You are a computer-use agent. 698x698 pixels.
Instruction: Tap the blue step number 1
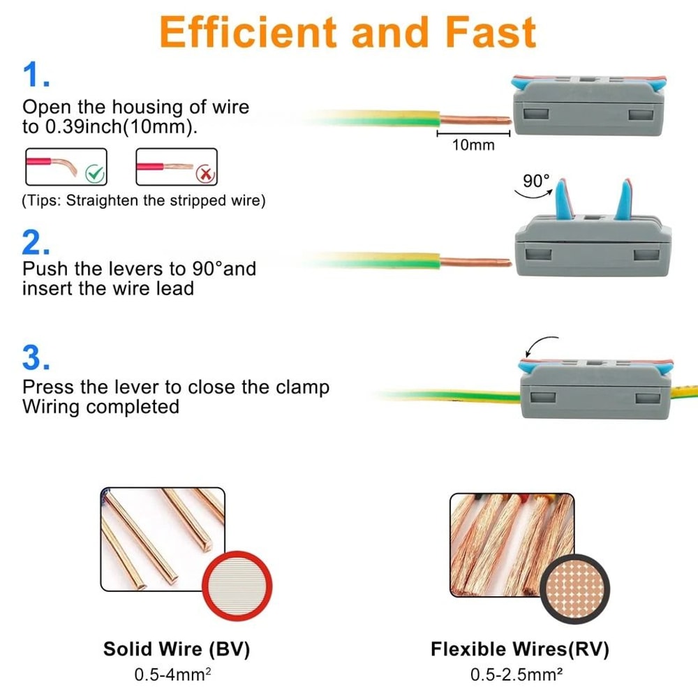[x=36, y=75]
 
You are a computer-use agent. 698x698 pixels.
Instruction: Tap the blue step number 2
[x=36, y=242]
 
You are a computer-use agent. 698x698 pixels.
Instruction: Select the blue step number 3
[x=36, y=357]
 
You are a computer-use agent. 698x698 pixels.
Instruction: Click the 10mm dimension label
[x=473, y=145]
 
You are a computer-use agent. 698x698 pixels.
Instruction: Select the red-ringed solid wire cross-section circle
[x=237, y=585]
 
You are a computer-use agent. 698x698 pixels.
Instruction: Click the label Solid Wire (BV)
[x=177, y=649]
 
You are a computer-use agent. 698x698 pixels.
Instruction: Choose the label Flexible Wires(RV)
[x=519, y=649]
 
